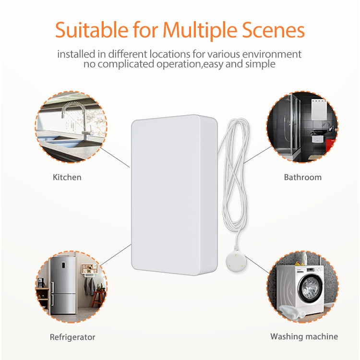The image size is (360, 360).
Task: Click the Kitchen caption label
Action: tap(67, 177)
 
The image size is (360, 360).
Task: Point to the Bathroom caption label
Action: tap(302, 177)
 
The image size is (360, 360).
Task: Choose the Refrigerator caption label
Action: tap(72, 337)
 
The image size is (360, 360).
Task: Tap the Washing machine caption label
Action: tap(304, 336)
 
